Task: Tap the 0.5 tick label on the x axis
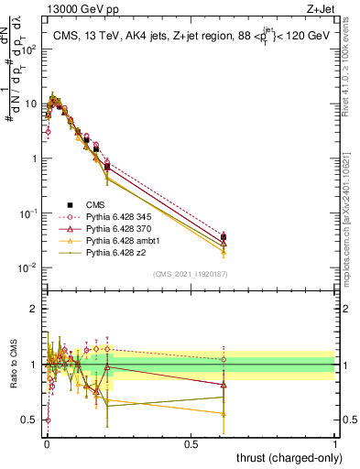point(191,442)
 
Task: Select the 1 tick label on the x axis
point(335,442)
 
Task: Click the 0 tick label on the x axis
point(47,442)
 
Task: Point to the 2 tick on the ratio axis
point(37,310)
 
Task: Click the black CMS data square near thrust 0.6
point(224,238)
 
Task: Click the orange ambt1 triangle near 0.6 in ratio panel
point(224,413)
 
